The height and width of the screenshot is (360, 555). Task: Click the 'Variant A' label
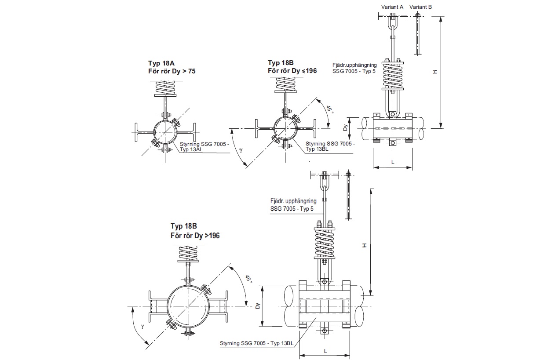pos(392,7)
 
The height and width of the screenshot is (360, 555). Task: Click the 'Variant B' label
pos(420,7)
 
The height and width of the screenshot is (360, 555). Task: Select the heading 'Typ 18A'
pos(161,63)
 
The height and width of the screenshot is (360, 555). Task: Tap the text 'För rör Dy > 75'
pos(172,71)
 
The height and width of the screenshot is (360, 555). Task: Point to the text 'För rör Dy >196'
pos(195,236)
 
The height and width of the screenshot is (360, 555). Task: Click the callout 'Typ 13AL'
pos(191,149)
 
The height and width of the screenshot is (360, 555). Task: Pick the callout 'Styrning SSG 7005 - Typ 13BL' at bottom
pos(257,343)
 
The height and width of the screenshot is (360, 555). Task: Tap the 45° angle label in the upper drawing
pos(329,109)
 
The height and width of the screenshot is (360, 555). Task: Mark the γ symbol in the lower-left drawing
pos(142,326)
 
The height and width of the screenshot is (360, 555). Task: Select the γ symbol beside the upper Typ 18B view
pos(241,150)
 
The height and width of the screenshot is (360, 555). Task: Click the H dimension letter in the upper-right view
pos(435,72)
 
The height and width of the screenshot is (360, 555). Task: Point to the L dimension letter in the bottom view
pos(325,351)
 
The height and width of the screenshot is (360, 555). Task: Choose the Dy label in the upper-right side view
pos(345,127)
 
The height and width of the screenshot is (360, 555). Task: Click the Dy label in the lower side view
pos(258,305)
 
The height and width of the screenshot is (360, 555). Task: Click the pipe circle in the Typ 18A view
pos(165,132)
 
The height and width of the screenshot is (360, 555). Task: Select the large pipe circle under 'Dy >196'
pos(188,306)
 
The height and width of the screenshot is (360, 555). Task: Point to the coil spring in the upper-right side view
pos(393,75)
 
